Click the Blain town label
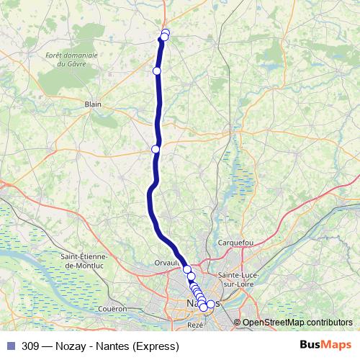[93, 104]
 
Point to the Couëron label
[114, 308]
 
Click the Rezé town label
[195, 325]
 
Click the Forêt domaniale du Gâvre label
[71, 59]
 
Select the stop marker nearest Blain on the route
[156, 71]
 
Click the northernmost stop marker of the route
[166, 32]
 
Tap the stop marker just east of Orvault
[187, 269]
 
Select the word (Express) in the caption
[153, 346]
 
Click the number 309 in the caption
[30, 346]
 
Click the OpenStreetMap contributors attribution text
[297, 323]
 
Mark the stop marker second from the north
[163, 37]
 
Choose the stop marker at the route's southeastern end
[210, 305]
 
